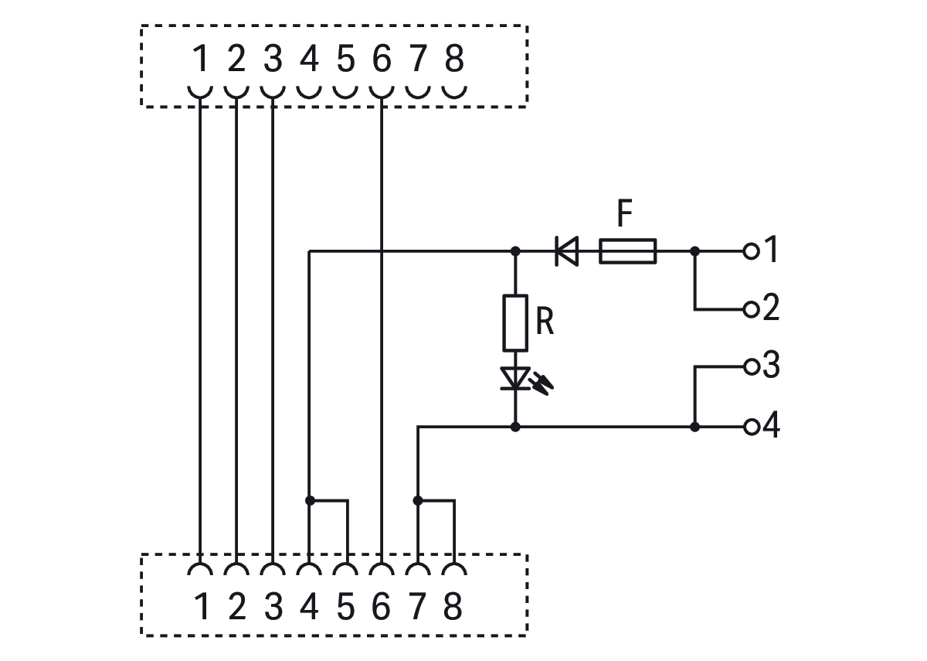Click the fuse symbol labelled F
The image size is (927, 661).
point(627,251)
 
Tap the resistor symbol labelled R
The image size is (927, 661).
point(515,322)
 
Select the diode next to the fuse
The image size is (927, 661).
point(567,251)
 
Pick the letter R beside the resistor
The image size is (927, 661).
point(545,322)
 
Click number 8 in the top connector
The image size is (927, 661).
point(454,60)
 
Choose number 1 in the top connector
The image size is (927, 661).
point(200,60)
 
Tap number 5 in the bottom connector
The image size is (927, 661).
point(345,607)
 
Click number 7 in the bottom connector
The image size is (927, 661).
point(418,607)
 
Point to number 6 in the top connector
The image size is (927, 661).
point(382,60)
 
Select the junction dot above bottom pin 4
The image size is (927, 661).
point(309,500)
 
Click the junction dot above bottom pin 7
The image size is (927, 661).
point(418,500)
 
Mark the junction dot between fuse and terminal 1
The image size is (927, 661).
point(694,251)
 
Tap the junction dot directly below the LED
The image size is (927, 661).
point(515,427)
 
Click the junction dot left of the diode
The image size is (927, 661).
point(515,251)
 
